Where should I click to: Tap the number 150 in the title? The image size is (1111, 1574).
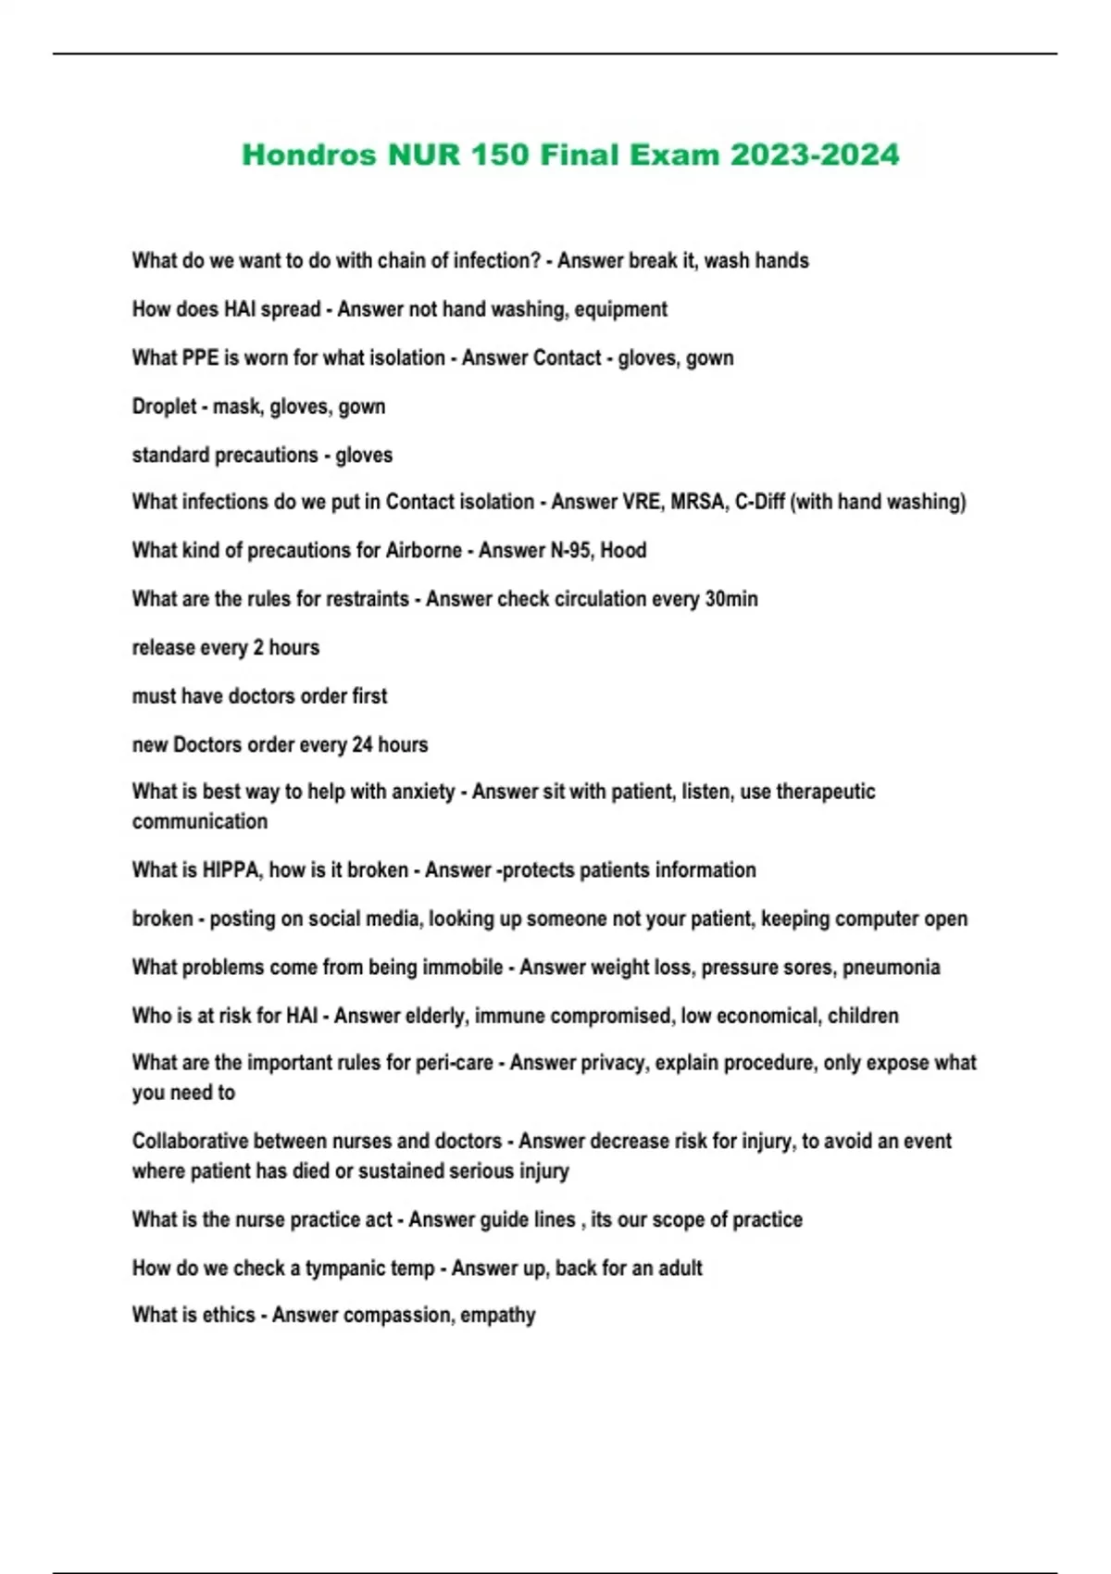coord(499,155)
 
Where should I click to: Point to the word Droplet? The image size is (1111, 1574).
coord(164,406)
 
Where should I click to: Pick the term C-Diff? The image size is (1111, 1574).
coord(758,502)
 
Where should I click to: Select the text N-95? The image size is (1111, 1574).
coord(571,550)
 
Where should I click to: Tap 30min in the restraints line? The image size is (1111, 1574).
coord(731,599)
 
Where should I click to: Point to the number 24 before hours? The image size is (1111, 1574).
coord(362,744)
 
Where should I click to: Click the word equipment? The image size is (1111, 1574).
coord(620,309)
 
